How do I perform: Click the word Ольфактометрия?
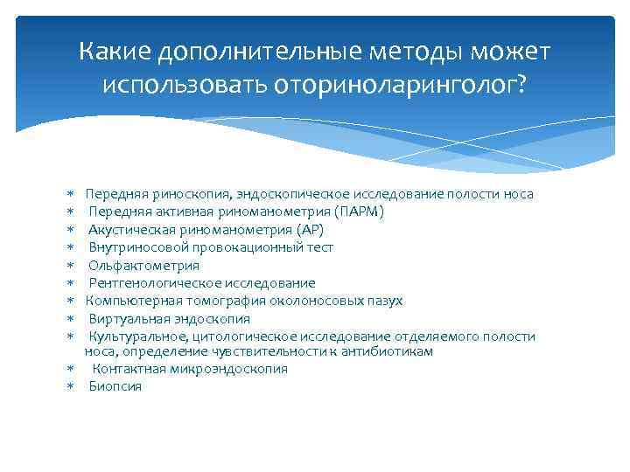pyautogui.click(x=143, y=266)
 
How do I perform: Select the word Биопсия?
pyautogui.click(x=115, y=386)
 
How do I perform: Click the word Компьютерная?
pyautogui.click(x=128, y=301)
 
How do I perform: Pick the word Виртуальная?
pyautogui.click(x=125, y=319)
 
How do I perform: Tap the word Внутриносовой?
pyautogui.click(x=132, y=247)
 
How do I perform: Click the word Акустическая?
pyautogui.click(x=128, y=230)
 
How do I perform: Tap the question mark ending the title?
pyautogui.click(x=522, y=85)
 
